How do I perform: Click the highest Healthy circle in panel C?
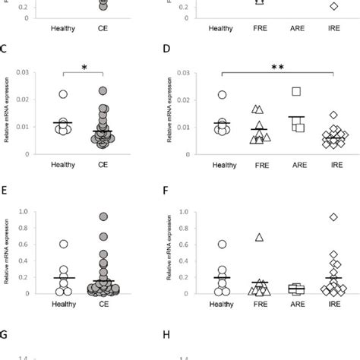pyautogui.click(x=64, y=94)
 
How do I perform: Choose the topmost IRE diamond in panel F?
pyautogui.click(x=333, y=217)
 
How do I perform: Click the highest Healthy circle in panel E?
pyautogui.click(x=64, y=244)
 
